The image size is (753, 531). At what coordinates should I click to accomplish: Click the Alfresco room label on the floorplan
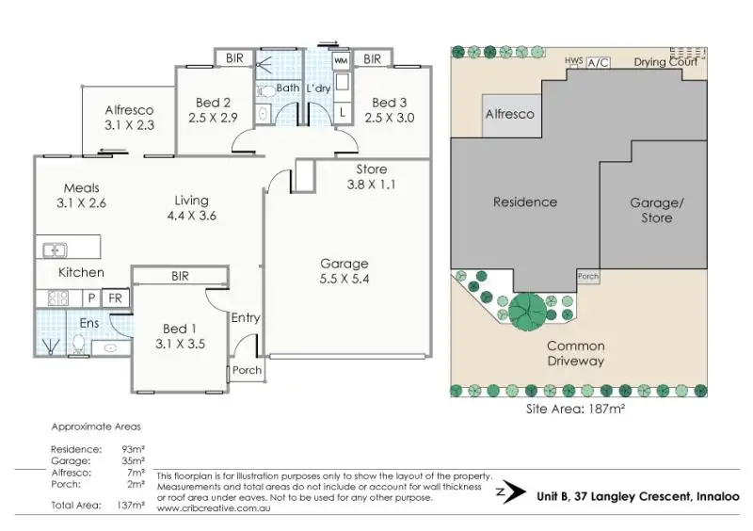click(x=129, y=109)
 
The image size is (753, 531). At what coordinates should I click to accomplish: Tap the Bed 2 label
click(x=214, y=103)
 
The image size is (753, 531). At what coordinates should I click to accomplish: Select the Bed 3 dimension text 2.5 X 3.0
click(x=393, y=118)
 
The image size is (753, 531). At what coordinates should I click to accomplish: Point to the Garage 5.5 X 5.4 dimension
click(x=344, y=279)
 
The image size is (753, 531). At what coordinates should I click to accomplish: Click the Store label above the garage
click(x=371, y=169)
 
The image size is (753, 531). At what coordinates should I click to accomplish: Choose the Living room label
click(x=191, y=200)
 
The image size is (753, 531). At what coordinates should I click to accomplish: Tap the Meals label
click(x=82, y=187)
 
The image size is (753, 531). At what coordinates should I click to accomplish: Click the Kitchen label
click(x=82, y=272)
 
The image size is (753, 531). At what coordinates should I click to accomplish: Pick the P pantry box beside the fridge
click(x=92, y=298)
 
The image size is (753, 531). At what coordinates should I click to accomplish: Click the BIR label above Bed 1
click(x=180, y=276)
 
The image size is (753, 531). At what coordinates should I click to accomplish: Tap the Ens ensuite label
click(x=88, y=323)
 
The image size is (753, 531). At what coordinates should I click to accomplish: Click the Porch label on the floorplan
click(x=247, y=370)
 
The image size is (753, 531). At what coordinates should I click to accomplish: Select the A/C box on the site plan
click(x=598, y=62)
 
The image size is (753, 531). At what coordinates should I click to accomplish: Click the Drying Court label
click(x=665, y=62)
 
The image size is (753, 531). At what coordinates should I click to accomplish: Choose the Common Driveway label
click(x=575, y=353)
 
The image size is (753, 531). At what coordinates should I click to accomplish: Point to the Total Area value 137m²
click(x=131, y=506)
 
